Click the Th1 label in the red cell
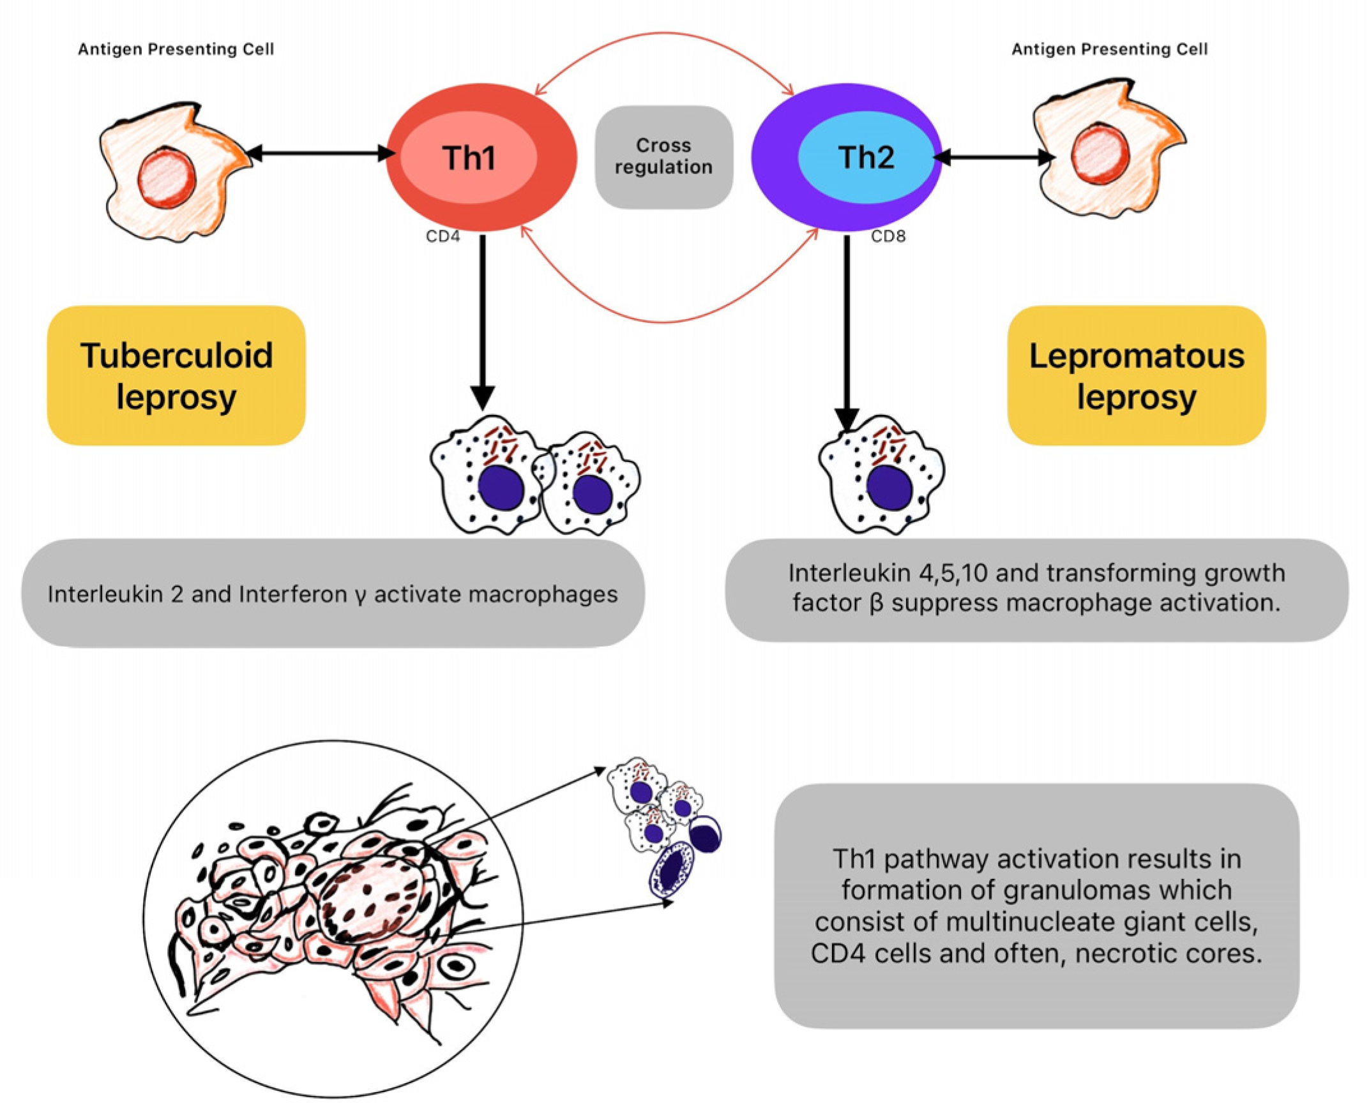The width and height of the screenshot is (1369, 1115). click(x=468, y=158)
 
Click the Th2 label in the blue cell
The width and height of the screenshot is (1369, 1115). click(x=865, y=158)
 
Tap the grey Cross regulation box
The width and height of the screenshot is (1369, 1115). click(x=663, y=157)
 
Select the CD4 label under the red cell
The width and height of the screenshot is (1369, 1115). click(x=442, y=236)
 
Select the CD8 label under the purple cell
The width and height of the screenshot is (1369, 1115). click(x=888, y=236)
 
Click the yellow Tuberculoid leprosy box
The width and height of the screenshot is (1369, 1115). click(x=176, y=376)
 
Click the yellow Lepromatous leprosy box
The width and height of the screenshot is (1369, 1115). click(x=1136, y=376)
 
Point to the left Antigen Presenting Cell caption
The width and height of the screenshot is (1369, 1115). click(x=176, y=49)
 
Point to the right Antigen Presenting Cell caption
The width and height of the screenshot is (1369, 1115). click(x=1109, y=49)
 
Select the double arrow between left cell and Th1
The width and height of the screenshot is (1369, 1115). click(x=321, y=154)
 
